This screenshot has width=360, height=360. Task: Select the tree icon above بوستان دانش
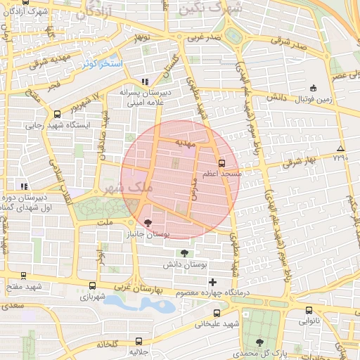pos(184,253)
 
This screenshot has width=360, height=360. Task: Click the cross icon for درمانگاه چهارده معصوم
pos(213,282)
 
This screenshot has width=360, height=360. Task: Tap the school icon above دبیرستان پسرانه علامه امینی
pos(146,82)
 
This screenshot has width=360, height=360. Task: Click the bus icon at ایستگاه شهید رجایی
pos(57,114)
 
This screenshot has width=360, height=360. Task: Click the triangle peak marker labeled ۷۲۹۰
pos(340,148)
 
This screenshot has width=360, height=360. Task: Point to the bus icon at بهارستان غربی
pos(93,286)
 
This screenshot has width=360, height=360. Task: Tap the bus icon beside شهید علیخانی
pos(216,313)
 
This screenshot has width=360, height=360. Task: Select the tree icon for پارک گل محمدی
pos(260,342)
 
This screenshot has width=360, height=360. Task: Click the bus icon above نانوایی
pos(309,310)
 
